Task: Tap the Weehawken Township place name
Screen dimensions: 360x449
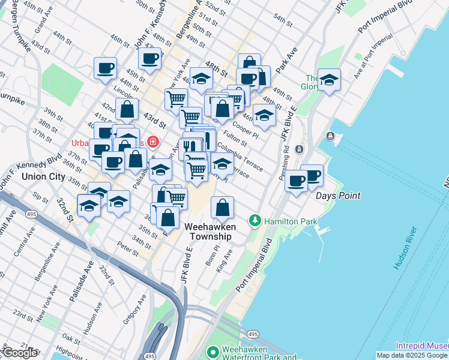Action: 208,232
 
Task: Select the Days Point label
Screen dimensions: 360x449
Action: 339,196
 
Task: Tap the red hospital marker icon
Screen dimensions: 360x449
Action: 154,142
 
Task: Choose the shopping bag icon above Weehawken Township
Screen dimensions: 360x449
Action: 223,208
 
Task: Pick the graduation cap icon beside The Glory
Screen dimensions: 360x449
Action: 329,80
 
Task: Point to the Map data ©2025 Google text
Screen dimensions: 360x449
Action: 412,355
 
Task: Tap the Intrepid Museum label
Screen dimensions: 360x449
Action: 422,346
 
